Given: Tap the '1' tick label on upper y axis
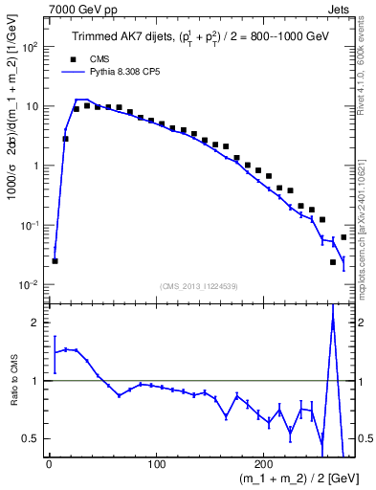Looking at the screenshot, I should click(x=33, y=166).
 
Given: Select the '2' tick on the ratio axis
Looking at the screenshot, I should click(x=33, y=323).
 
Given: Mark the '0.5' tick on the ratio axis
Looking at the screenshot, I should click(x=29, y=438).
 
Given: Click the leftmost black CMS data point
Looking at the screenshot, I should click(x=55, y=260).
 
